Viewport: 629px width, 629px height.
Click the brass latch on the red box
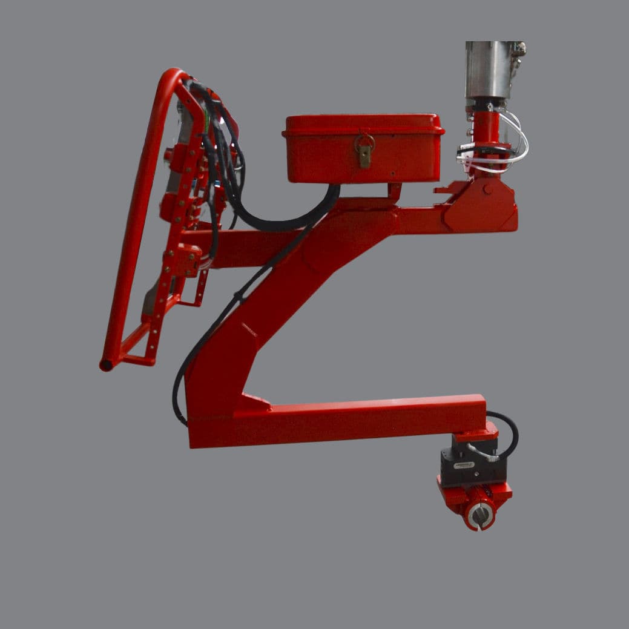click(x=364, y=150)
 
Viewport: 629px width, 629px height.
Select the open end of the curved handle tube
click(x=107, y=365)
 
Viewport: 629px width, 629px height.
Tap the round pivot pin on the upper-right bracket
click(x=487, y=190)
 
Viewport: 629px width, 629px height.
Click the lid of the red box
click(x=363, y=123)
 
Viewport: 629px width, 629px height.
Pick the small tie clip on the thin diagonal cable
click(x=239, y=297)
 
